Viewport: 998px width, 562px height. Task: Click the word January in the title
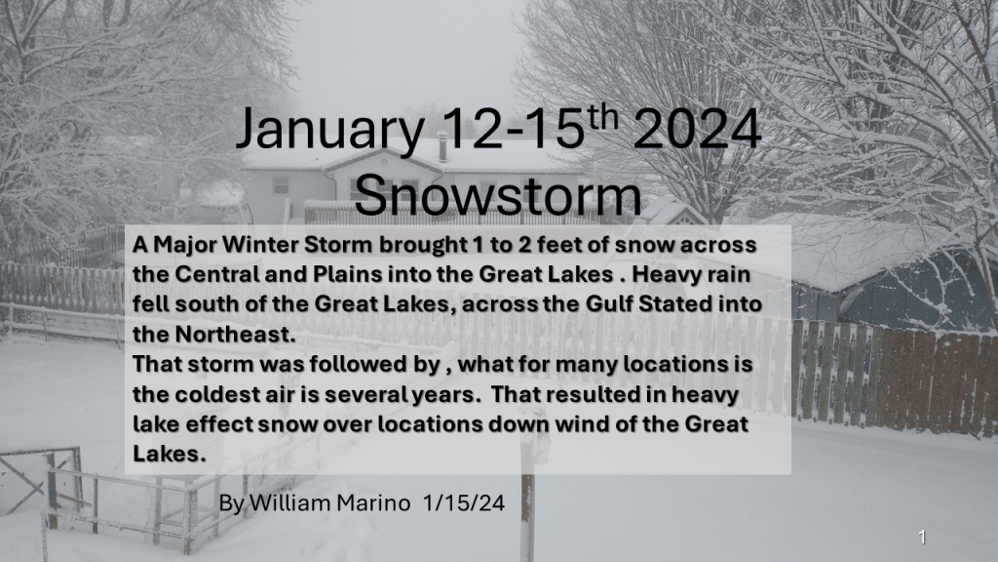(x=330, y=130)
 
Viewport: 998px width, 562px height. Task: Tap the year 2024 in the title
(x=697, y=129)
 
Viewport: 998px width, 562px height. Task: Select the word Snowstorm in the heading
(x=498, y=194)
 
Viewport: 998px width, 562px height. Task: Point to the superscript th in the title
(x=601, y=117)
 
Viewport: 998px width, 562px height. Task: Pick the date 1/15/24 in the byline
(x=464, y=503)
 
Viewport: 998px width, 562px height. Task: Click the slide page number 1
(x=922, y=538)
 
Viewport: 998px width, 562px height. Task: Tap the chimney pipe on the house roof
(x=442, y=147)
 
